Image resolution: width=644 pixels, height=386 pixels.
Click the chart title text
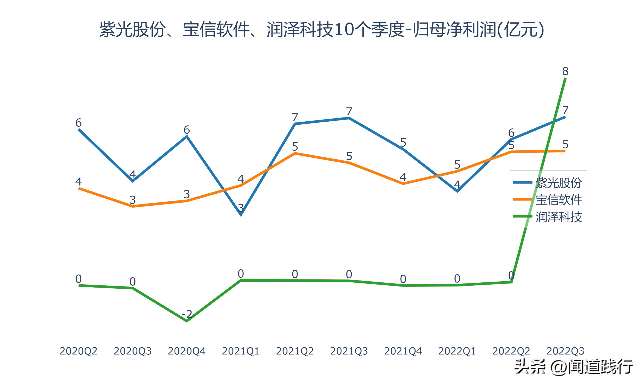pos(322,30)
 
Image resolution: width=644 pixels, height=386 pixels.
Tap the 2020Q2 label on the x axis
pos(78,351)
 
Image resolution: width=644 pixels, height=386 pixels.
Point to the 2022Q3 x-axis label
pos(565,351)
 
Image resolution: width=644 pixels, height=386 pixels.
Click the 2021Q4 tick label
pos(403,351)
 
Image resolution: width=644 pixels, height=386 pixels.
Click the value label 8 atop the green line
pos(565,71)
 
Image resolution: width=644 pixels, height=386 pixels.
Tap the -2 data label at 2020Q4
pos(187,314)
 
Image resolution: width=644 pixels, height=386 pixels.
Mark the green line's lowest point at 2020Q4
pos(187,321)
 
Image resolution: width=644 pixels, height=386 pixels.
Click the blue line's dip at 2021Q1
pos(241,215)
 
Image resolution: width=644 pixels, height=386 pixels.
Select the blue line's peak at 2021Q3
pos(349,118)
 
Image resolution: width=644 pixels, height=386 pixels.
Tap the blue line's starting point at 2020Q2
pos(79,129)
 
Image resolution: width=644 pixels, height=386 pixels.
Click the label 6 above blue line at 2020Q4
pos(187,130)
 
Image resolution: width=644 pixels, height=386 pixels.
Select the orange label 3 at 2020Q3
pos(132,200)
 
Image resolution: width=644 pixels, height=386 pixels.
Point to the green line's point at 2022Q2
pos(512,282)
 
